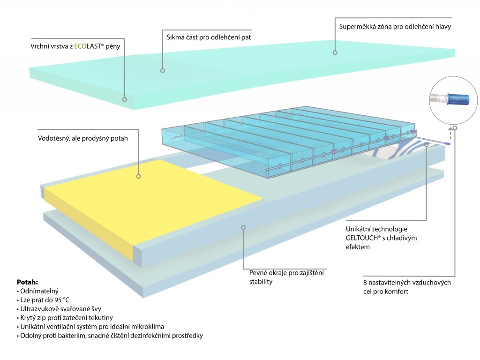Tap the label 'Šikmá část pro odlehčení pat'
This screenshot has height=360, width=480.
[209, 37]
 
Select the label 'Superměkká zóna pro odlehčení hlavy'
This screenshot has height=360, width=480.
[395, 27]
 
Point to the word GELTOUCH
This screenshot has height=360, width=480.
[365, 238]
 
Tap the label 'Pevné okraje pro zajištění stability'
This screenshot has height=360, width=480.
[286, 277]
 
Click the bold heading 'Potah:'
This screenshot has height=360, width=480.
[27, 283]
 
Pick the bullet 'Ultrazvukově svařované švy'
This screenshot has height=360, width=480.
[60, 309]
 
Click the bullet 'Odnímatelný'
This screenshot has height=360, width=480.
[39, 291]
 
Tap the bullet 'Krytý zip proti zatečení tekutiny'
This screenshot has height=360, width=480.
[66, 318]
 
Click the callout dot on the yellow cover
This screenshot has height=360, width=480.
[139, 176]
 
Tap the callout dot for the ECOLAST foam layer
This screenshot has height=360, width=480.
[125, 99]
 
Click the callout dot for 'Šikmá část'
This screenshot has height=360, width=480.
[163, 70]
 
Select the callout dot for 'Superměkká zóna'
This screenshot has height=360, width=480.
[335, 52]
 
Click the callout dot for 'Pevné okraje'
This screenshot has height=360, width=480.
[243, 227]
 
